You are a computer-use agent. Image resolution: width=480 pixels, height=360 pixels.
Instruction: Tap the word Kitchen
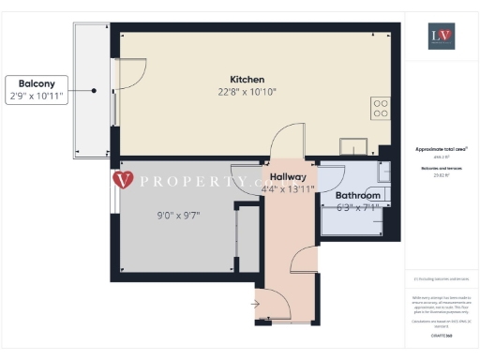(x=247, y=79)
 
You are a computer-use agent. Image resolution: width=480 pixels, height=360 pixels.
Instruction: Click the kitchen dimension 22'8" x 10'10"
(x=247, y=92)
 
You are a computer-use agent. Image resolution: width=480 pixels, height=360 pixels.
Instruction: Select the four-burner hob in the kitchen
(x=381, y=108)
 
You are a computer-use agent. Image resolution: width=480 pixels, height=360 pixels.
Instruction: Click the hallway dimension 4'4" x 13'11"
(x=288, y=189)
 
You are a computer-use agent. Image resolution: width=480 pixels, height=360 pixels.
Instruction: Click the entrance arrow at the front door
(x=256, y=303)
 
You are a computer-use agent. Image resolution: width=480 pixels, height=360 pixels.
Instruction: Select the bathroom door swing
(x=330, y=178)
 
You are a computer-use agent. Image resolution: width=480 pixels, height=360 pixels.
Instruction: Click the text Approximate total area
(x=440, y=149)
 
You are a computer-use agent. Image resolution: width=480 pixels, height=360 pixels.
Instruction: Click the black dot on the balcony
(x=95, y=90)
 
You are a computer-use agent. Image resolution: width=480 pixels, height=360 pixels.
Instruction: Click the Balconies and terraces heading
(x=440, y=168)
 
